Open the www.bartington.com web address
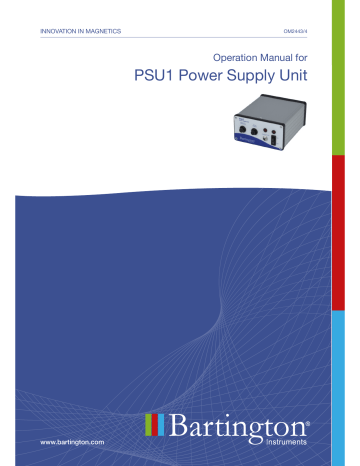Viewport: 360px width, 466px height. pos(71,440)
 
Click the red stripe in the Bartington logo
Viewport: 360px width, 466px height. pos(153,424)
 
